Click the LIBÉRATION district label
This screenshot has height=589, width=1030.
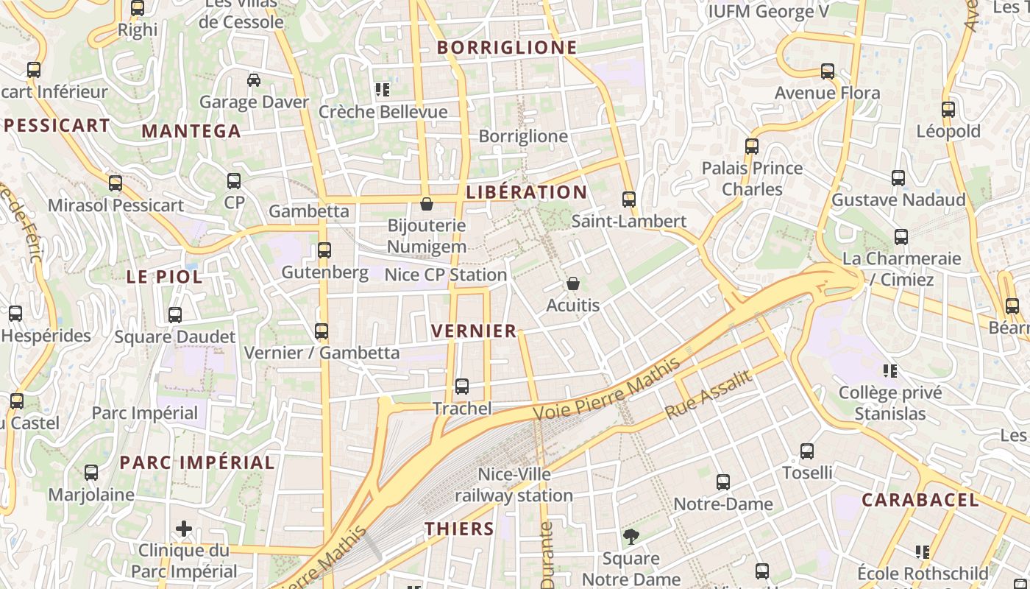(x=527, y=193)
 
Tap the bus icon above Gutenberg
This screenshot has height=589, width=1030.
(x=324, y=250)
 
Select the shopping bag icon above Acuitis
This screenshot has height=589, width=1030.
(x=573, y=283)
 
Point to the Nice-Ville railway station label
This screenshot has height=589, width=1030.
(x=514, y=484)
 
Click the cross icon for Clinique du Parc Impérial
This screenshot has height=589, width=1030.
(x=184, y=529)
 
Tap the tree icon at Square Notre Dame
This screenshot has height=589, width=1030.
(x=631, y=537)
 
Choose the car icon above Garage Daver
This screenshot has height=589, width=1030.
(x=254, y=80)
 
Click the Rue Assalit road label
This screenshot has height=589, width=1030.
(x=708, y=395)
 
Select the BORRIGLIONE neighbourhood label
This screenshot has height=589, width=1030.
(x=507, y=48)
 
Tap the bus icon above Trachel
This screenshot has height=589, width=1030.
(x=462, y=387)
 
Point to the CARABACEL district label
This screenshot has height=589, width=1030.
(x=920, y=501)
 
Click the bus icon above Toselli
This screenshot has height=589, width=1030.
(x=807, y=451)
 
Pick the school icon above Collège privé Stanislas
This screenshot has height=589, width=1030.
(x=891, y=371)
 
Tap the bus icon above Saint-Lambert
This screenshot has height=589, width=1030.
(x=629, y=200)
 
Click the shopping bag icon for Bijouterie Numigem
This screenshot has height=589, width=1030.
(x=427, y=204)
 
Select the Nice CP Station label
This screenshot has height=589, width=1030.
(x=446, y=275)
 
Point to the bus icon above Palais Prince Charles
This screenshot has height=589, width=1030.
(x=752, y=147)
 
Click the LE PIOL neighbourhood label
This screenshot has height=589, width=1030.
(x=164, y=278)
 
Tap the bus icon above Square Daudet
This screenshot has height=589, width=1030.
(x=175, y=315)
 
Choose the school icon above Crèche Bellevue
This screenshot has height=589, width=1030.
(x=383, y=91)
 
